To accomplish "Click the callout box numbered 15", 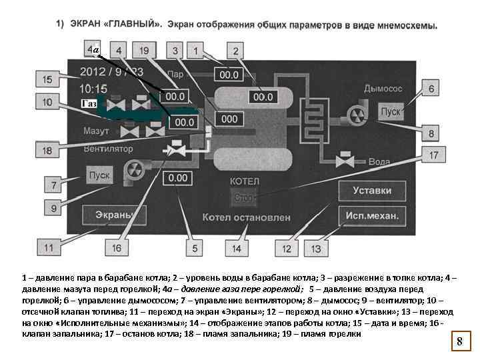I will [x=47, y=80].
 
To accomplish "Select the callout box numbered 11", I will [x=49, y=247].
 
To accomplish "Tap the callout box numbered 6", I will [x=431, y=89].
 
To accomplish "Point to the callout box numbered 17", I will [x=433, y=155].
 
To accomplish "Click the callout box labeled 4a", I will [x=93, y=50].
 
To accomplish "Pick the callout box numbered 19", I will [x=145, y=51].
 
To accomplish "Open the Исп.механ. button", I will [x=372, y=215].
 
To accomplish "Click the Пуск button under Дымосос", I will [x=391, y=111].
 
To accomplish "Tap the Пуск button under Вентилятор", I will [x=99, y=175].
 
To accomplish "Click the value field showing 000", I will [x=229, y=119].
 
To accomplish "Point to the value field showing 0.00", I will [x=178, y=178].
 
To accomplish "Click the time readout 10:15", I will [x=93, y=87].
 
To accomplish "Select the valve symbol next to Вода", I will [x=345, y=161].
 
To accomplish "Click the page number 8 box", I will [x=459, y=342].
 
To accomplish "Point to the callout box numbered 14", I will [x=237, y=248].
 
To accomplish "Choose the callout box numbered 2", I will [x=235, y=51].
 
